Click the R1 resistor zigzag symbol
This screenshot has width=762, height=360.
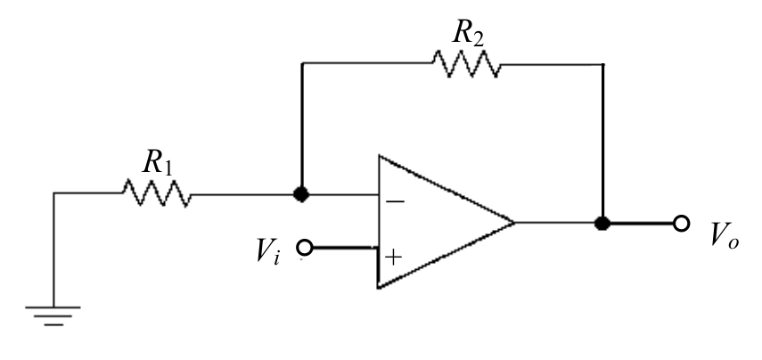pyautogui.click(x=157, y=192)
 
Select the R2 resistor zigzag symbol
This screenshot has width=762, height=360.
pyautogui.click(x=466, y=63)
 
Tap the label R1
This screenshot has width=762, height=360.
pyautogui.click(x=157, y=162)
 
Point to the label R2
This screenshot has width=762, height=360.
pyautogui.click(x=468, y=33)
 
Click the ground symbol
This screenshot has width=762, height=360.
pyautogui.click(x=53, y=315)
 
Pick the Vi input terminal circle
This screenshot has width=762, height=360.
pyautogui.click(x=304, y=248)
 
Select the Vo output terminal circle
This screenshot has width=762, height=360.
pyautogui.click(x=681, y=223)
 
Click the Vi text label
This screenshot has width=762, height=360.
pyautogui.click(x=267, y=252)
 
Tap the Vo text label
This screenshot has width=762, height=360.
pyautogui.click(x=725, y=235)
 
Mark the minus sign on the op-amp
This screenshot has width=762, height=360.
pyautogui.click(x=395, y=201)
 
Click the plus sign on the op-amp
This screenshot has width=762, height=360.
pyautogui.click(x=393, y=257)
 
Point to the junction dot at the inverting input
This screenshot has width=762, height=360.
pyautogui.click(x=301, y=194)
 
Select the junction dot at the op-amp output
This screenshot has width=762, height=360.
pyautogui.click(x=602, y=223)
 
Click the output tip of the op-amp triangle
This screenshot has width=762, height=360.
pyautogui.click(x=514, y=223)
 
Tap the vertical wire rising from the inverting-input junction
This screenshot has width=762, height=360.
pyautogui.click(x=302, y=126)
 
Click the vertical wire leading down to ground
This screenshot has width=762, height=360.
pyautogui.click(x=53, y=250)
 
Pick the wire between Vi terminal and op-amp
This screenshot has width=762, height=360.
pyautogui.click(x=345, y=248)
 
